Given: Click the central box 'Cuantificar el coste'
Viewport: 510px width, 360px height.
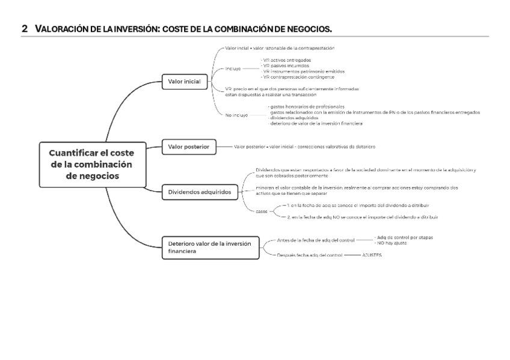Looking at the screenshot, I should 92,164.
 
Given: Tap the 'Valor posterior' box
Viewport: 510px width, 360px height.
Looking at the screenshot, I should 189,147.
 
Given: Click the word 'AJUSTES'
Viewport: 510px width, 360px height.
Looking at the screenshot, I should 372,255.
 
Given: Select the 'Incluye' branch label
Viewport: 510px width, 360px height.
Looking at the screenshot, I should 233,69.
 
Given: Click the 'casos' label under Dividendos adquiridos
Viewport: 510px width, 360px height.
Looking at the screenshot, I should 262,211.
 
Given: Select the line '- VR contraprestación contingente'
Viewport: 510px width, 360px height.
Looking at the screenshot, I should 299,77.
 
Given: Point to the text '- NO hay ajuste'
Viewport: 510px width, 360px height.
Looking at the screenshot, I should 392,242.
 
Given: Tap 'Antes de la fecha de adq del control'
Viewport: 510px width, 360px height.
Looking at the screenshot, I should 315,240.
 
